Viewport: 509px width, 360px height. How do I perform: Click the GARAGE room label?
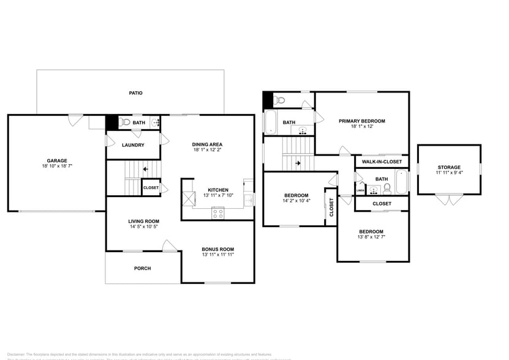[x=57, y=160]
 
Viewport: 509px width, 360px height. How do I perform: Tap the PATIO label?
[x=135, y=93]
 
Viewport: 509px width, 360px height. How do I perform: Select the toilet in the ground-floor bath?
[x=126, y=122]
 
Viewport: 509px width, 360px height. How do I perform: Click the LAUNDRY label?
[x=133, y=145]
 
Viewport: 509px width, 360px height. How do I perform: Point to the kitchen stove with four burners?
[x=218, y=212]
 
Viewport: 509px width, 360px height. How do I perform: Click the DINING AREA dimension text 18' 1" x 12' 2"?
[x=207, y=149]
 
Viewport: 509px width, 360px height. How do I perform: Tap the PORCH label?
[x=142, y=268]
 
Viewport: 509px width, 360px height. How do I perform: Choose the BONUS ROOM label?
[x=218, y=249]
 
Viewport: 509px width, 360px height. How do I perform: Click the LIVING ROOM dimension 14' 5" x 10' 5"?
[x=143, y=227]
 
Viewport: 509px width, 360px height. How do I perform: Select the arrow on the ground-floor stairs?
[x=145, y=169]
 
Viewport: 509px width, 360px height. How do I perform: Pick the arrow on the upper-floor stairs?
[x=298, y=163]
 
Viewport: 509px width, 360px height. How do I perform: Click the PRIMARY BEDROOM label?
[x=361, y=121]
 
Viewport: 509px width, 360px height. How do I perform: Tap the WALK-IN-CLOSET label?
[x=382, y=162]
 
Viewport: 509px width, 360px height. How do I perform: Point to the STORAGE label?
[x=448, y=167]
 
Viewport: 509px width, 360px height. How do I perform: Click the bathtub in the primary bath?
[x=270, y=121]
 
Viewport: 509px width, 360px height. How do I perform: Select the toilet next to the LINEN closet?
[x=386, y=188]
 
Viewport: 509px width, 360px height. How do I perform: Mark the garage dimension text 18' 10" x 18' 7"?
[x=57, y=166]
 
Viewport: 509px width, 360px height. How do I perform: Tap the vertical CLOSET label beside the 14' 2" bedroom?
[x=331, y=208]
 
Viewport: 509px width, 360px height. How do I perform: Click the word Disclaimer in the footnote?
[x=15, y=354]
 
